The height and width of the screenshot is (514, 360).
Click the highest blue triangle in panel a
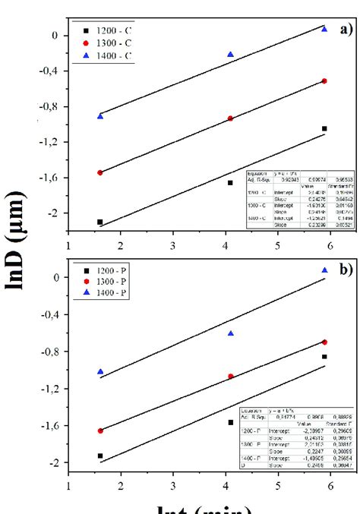324,29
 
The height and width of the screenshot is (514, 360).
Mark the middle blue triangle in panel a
231,55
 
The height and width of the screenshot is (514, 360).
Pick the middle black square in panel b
231,422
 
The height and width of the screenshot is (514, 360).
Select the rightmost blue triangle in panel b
324,270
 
